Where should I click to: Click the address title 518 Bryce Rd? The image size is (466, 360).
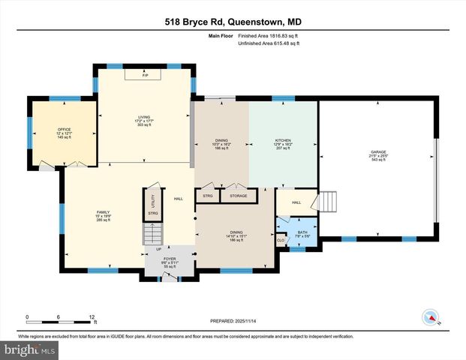pyautogui.click(x=233, y=22)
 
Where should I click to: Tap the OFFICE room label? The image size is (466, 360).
pyautogui.click(x=64, y=130)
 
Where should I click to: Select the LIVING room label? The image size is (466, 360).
pyautogui.click(x=143, y=116)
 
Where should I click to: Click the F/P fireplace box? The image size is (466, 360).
pyautogui.click(x=145, y=75)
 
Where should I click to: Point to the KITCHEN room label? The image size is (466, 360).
pyautogui.click(x=283, y=140)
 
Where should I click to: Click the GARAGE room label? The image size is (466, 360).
pyautogui.click(x=377, y=152)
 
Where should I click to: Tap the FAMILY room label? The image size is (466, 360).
pyautogui.click(x=103, y=212)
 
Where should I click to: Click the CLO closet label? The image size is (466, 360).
pyautogui.click(x=281, y=240)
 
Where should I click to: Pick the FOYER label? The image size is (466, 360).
pyautogui.click(x=169, y=258)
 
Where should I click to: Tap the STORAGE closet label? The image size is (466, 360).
pyautogui.click(x=239, y=196)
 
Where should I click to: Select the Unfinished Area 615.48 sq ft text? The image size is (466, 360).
pyautogui.click(x=269, y=43)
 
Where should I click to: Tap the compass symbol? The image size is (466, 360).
pyautogui.click(x=430, y=317)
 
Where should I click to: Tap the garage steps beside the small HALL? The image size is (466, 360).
pyautogui.click(x=329, y=202)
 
